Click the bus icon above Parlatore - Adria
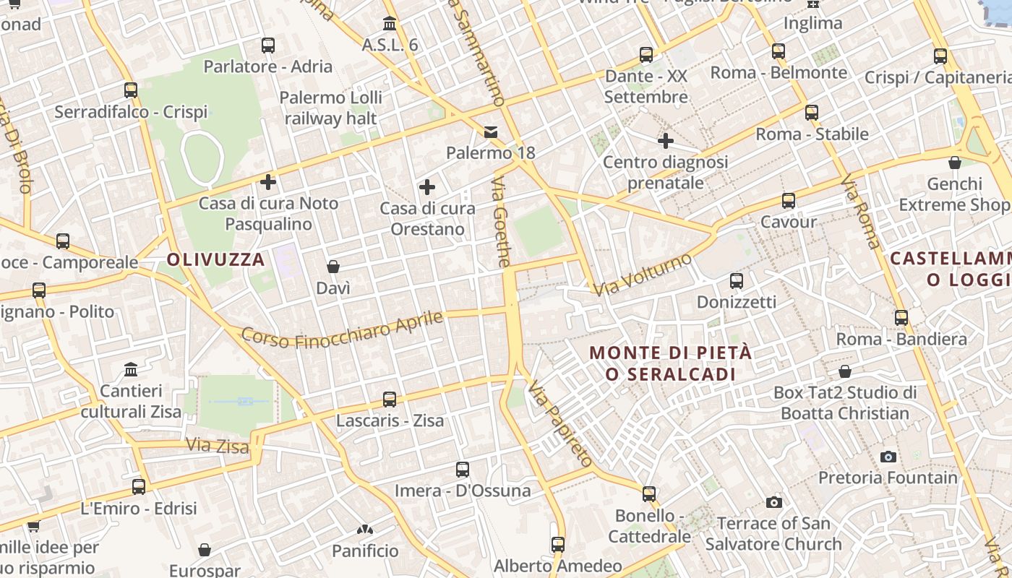[x=268, y=46]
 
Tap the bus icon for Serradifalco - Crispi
[x=131, y=90]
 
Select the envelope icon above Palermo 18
[x=491, y=131]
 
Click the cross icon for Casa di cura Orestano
[x=427, y=188]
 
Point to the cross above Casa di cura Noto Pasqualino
[x=268, y=182]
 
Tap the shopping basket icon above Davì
[x=333, y=267]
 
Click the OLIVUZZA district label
[x=216, y=260]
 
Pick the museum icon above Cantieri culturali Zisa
[x=131, y=370]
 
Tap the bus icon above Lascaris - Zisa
[x=390, y=400]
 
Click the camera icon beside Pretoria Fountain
[x=888, y=457]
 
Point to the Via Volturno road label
[x=643, y=274]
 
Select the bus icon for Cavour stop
[x=789, y=201]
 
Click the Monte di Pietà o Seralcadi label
[x=671, y=363]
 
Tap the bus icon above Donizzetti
[x=737, y=281]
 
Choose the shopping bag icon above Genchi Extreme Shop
[x=955, y=163]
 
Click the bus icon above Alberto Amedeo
[x=557, y=545]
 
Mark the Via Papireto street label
[x=560, y=424]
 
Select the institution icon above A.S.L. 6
[x=390, y=23]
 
